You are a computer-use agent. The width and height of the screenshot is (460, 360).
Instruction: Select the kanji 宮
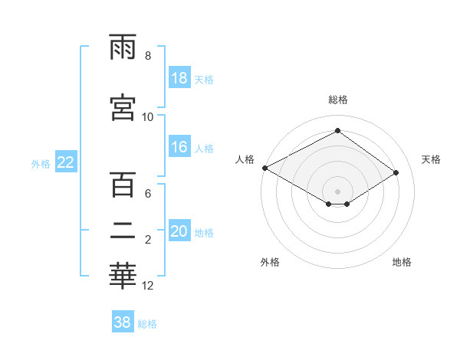(123, 106)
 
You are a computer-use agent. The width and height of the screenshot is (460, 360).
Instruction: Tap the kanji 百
(123, 185)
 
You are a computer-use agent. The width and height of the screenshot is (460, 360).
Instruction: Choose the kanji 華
(123, 277)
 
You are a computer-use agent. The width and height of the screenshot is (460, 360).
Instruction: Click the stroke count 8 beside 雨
(148, 56)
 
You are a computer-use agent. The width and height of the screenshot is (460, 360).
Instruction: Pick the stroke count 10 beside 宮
(148, 117)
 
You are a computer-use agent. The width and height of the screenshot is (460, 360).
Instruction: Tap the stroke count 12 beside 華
(148, 286)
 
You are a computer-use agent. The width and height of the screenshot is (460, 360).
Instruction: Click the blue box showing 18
(179, 79)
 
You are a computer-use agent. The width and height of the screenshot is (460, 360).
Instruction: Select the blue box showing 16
(179, 148)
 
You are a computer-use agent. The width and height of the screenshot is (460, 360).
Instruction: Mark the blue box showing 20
(179, 232)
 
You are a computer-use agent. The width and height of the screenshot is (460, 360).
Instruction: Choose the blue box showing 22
(66, 162)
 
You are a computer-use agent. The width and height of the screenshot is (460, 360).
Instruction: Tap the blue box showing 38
(123, 322)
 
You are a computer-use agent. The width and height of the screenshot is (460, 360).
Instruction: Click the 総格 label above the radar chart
(338, 100)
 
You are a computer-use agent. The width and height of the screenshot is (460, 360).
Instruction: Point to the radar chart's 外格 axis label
(270, 263)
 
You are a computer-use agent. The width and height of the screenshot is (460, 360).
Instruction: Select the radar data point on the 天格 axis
(396, 173)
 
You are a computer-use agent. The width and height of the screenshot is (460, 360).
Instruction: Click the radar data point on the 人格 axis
(264, 168)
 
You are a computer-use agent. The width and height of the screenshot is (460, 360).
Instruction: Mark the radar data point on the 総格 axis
(337, 131)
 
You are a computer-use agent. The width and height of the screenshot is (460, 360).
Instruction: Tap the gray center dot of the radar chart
(337, 190)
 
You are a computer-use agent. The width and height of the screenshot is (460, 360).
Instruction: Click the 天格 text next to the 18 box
(204, 80)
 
